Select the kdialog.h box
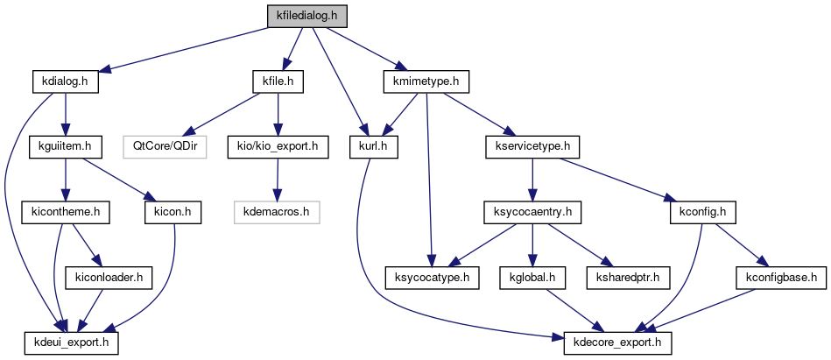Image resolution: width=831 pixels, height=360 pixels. pyautogui.click(x=65, y=81)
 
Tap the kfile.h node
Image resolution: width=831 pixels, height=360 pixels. pyautogui.click(x=277, y=81)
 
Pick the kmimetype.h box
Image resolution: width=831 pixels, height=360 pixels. pyautogui.click(x=427, y=81)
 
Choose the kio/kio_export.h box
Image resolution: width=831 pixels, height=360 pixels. pyautogui.click(x=277, y=146)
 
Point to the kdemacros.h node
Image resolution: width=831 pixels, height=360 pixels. pyautogui.click(x=277, y=211)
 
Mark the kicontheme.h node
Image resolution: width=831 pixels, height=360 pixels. pyautogui.click(x=60, y=211)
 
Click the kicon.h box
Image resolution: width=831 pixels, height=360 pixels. pyautogui.click(x=172, y=211)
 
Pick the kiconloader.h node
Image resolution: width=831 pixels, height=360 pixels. pyautogui.click(x=109, y=277)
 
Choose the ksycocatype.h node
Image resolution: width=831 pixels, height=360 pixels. pyautogui.click(x=429, y=277)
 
